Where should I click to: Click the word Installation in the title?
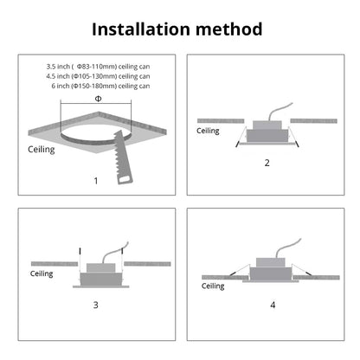[141, 29]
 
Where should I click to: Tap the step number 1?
[96, 181]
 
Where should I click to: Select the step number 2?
[267, 163]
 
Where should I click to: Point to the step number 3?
[96, 305]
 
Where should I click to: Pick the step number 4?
[273, 305]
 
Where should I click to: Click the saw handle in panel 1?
[125, 178]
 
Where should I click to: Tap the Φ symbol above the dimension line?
[98, 99]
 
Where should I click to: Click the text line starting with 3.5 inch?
[98, 67]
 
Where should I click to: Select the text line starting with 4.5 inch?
[98, 76]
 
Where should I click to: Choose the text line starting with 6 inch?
[100, 86]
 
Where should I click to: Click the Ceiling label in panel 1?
[42, 150]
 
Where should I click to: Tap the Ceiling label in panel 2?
[208, 131]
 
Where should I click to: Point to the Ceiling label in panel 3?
[42, 273]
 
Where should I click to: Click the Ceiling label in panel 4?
[213, 286]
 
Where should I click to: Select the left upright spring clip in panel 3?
[80, 260]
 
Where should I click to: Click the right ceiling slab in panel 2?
[313, 121]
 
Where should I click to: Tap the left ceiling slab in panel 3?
[55, 264]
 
